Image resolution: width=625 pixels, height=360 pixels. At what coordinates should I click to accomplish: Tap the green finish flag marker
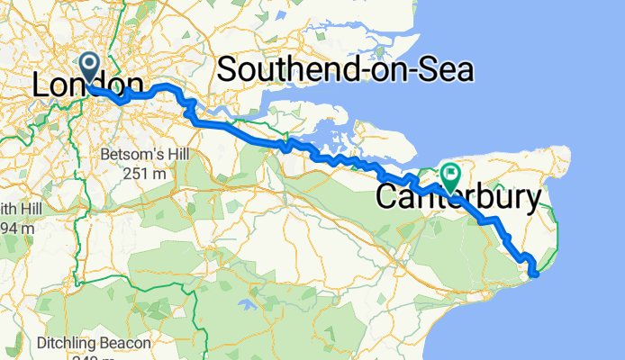(x=448, y=172)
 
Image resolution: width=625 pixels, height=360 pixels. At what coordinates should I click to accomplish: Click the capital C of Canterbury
(x=386, y=197)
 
